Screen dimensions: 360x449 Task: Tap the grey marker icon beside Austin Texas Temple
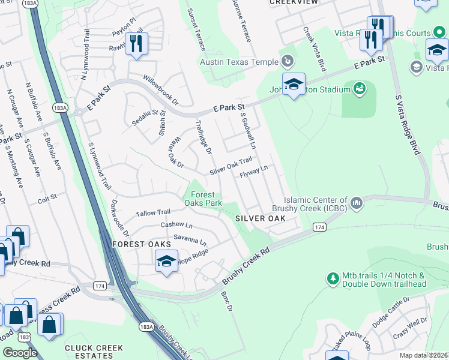click(288, 61)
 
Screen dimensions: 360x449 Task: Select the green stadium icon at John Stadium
click(360, 90)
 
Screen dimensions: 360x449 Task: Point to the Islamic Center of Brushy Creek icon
click(357, 204)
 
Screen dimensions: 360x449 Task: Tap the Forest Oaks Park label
click(206, 199)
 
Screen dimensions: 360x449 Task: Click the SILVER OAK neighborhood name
click(260, 218)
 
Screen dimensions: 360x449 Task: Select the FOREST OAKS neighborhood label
click(136, 244)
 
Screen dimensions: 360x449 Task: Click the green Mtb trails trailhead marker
click(333, 278)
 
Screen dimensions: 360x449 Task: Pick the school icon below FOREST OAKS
click(166, 262)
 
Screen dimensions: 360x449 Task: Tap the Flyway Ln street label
click(253, 172)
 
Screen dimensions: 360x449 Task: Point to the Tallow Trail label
click(153, 213)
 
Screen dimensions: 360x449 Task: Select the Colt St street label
click(47, 196)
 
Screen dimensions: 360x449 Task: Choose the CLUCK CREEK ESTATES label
click(94, 352)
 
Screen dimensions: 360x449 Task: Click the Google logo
click(20, 352)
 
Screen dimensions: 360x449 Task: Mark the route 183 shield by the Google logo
click(25, 338)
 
